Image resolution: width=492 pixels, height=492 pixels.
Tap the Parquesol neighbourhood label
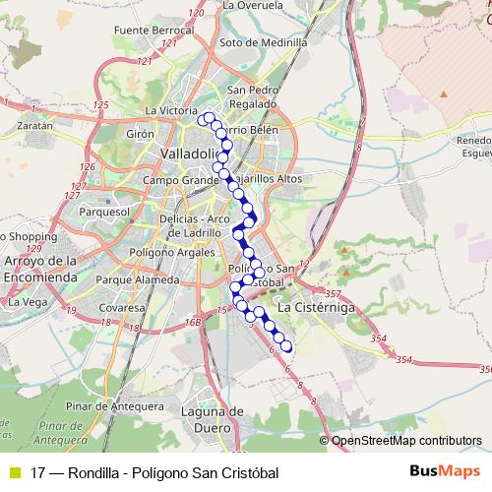tap(105, 212)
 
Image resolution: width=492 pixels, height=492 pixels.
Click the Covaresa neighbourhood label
tap(122, 308)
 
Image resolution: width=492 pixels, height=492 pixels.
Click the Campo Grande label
tap(179, 181)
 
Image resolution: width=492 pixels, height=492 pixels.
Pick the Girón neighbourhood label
tap(142, 133)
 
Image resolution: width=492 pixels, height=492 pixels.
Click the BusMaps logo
tap(446, 470)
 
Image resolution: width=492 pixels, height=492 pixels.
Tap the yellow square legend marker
tap(15, 471)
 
